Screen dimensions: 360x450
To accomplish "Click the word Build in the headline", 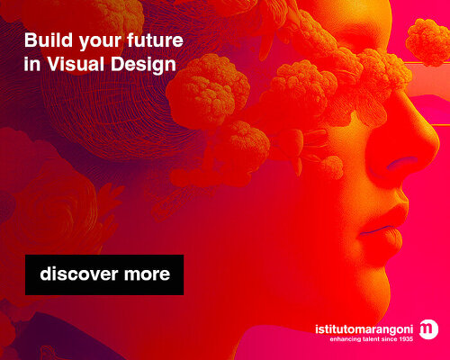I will point(43,42).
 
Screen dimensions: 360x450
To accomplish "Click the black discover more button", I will point(104,274).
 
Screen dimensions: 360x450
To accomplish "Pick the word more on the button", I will point(146,274).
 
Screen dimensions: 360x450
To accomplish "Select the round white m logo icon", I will point(430,328).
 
